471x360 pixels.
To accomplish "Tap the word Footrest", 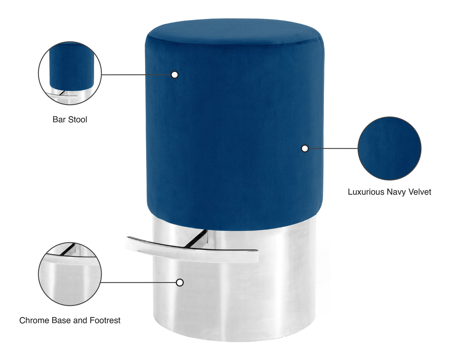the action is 105,320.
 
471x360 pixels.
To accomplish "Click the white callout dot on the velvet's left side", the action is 175,75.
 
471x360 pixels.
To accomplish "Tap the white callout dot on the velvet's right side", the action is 305,148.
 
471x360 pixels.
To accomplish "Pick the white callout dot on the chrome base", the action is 180,282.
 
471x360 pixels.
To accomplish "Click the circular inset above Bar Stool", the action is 70,73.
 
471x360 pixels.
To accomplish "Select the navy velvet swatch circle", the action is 390,148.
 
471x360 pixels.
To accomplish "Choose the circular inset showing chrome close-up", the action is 70,274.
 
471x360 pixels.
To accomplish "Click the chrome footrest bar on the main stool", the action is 192,250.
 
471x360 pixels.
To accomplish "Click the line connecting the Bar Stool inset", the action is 137,75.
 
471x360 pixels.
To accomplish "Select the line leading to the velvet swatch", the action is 333,148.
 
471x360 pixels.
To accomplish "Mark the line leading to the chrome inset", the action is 139,282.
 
